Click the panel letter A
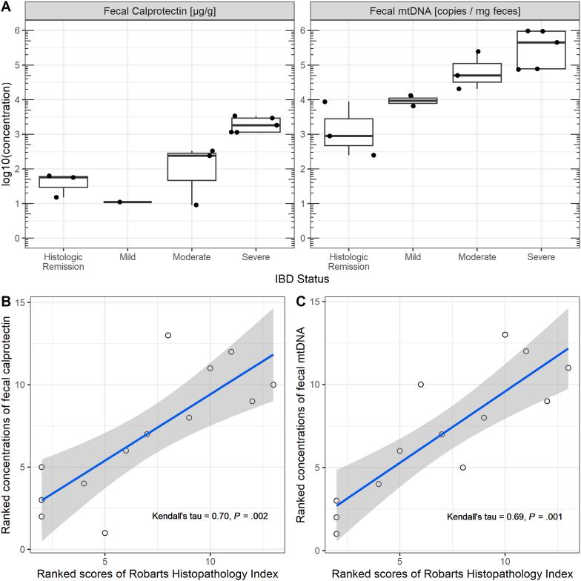click(x=6, y=6)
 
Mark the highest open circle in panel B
click(x=168, y=335)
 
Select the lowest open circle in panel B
click(x=105, y=533)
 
